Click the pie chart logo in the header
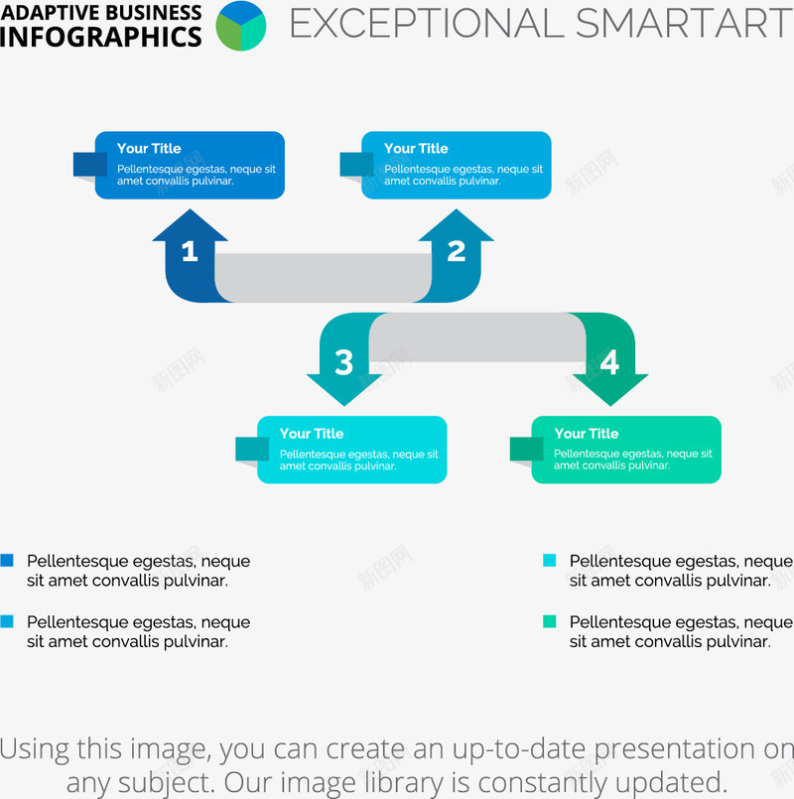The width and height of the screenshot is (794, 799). tap(241, 26)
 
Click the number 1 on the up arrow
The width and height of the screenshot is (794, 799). tap(190, 251)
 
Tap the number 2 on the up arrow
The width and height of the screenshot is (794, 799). tap(457, 251)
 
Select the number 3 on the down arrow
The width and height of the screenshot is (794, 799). tap(344, 362)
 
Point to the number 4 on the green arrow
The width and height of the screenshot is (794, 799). tap(610, 362)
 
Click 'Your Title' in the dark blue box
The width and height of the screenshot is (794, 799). tap(149, 148)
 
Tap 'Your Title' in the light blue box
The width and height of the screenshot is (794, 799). tap(416, 148)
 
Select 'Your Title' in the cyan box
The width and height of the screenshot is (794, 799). tap(312, 434)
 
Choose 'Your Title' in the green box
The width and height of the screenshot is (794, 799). tap(587, 434)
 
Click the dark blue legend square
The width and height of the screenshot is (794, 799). tap(7, 561)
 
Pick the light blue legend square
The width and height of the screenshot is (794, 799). tap(7, 621)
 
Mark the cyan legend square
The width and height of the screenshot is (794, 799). tap(550, 561)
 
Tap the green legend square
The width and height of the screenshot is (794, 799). tap(550, 621)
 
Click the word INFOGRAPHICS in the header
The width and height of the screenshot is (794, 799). tap(101, 37)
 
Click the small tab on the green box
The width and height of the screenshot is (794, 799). tap(526, 449)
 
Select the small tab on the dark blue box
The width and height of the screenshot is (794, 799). tap(90, 164)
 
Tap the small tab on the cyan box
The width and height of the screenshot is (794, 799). tap(252, 449)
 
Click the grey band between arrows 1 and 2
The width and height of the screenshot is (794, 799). tap(324, 278)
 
